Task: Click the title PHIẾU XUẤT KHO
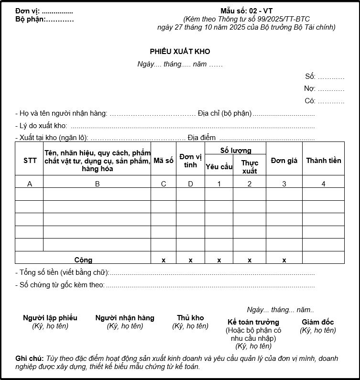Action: (180, 52)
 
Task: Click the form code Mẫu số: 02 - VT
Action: (247, 11)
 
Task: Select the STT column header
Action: (30, 161)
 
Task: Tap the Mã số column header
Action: (164, 161)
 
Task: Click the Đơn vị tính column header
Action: (190, 161)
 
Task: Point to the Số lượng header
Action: (235, 151)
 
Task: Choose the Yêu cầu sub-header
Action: (219, 166)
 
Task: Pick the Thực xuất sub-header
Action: (250, 167)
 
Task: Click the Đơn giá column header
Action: (284, 161)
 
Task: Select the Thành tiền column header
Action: (324, 161)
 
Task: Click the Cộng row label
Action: (83, 260)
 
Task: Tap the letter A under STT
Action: (30, 184)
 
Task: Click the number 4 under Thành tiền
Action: (324, 184)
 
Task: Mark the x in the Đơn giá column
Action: (284, 260)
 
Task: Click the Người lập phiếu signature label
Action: (50, 318)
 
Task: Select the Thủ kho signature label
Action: (190, 318)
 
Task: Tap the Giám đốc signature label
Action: (318, 322)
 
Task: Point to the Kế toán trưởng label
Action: (253, 322)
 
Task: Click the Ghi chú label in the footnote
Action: (29, 358)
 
